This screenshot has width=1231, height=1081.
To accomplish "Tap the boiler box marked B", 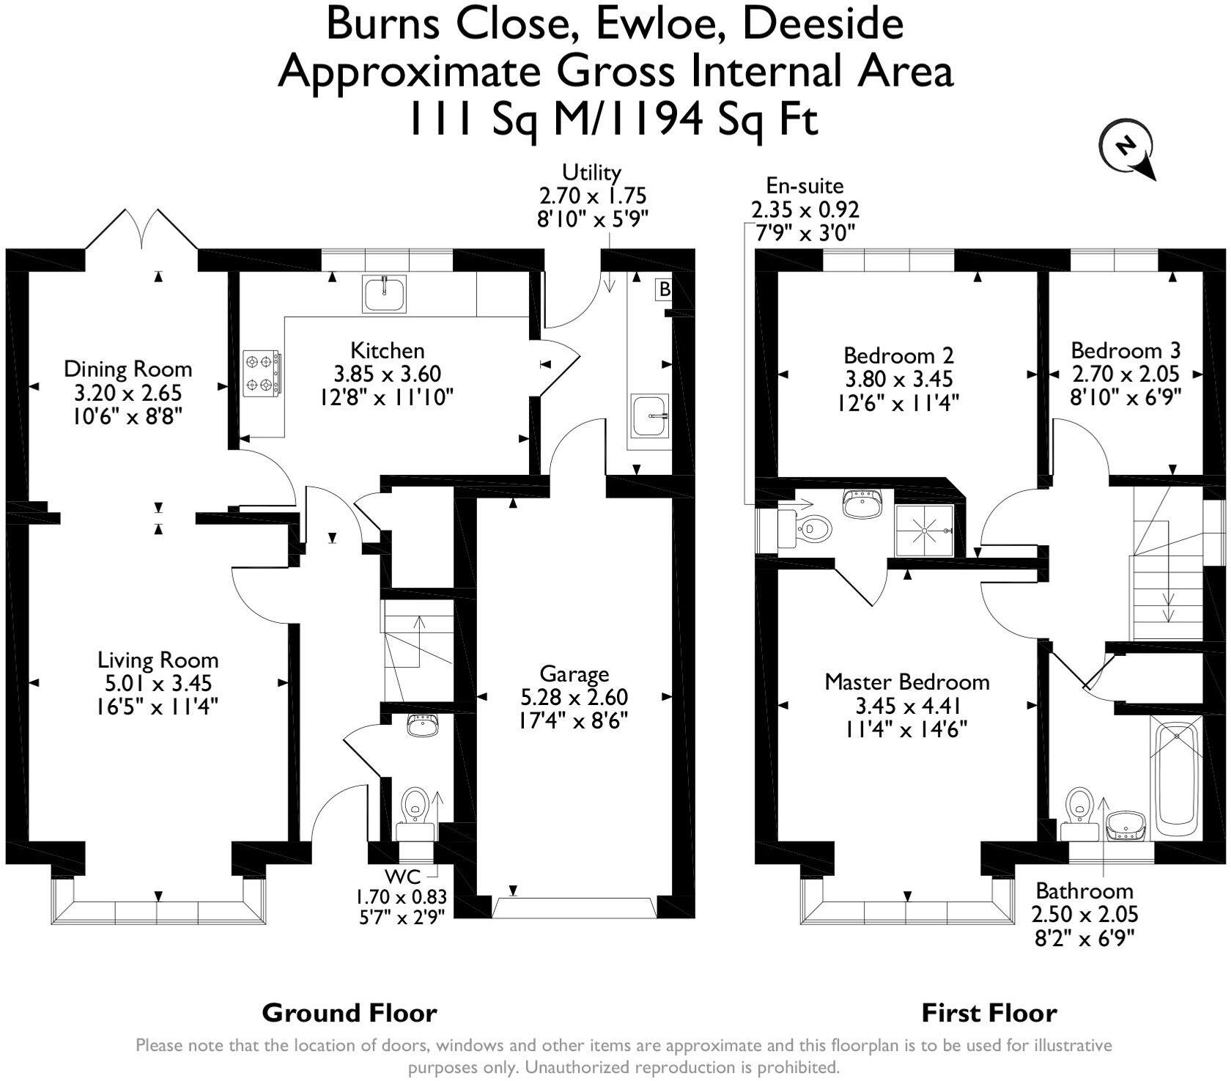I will [x=664, y=289].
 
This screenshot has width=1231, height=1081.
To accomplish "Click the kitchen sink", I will [x=384, y=294].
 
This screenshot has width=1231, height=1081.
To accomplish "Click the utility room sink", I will [x=649, y=416].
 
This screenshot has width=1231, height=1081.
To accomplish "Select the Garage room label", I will [x=574, y=674].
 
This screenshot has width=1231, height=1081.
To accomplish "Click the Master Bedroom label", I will [x=906, y=682].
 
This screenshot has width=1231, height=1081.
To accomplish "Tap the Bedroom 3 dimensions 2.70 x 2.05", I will [x=1125, y=375].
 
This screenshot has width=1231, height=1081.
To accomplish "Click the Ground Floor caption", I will [x=350, y=1014].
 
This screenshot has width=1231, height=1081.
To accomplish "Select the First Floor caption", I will [x=988, y=1014].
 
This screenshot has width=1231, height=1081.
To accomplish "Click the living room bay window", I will [x=158, y=911].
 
